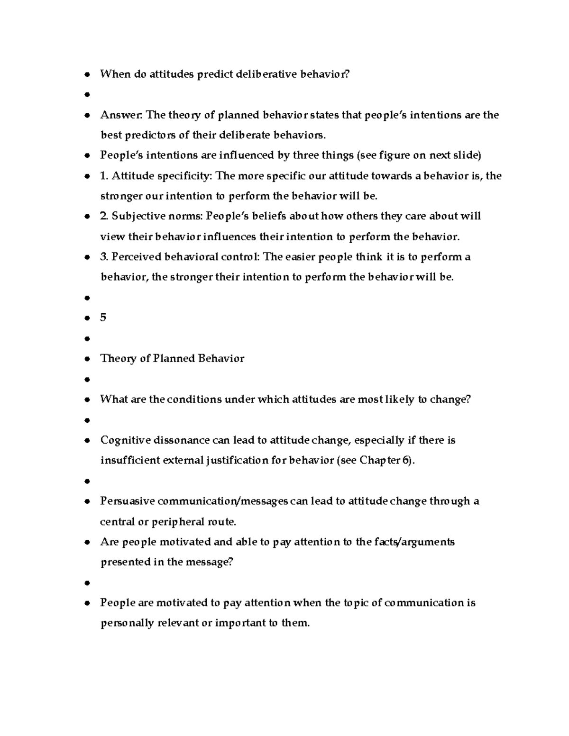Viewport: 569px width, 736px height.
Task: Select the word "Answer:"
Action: click(x=121, y=115)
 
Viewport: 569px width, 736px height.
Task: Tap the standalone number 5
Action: click(x=103, y=318)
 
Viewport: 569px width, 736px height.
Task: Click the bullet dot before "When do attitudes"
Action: click(x=87, y=74)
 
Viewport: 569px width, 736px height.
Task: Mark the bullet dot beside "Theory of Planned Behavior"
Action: click(x=87, y=359)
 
